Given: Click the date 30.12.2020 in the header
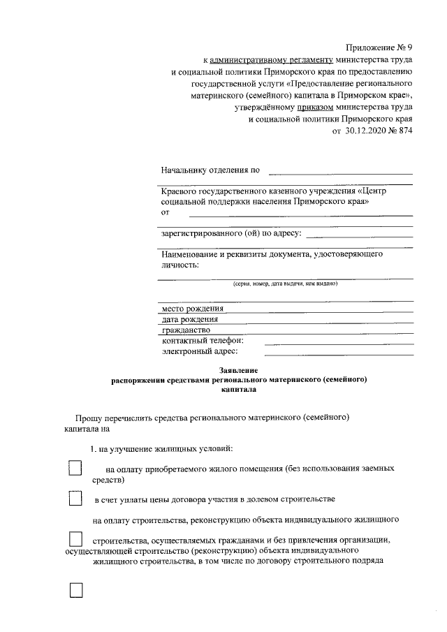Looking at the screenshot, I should tap(368, 132).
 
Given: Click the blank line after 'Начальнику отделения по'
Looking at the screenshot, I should tap(340, 172).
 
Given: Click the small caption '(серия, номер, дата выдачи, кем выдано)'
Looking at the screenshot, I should tap(285, 284).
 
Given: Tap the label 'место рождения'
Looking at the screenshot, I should tap(193, 309).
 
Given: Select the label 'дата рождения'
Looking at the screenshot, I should tap(191, 319).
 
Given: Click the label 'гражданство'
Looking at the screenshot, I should tap(186, 330).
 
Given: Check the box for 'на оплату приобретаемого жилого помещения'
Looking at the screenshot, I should tap(75, 468).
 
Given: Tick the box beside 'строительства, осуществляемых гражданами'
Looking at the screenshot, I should tap(75, 539).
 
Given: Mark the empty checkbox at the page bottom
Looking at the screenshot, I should tap(75, 590).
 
